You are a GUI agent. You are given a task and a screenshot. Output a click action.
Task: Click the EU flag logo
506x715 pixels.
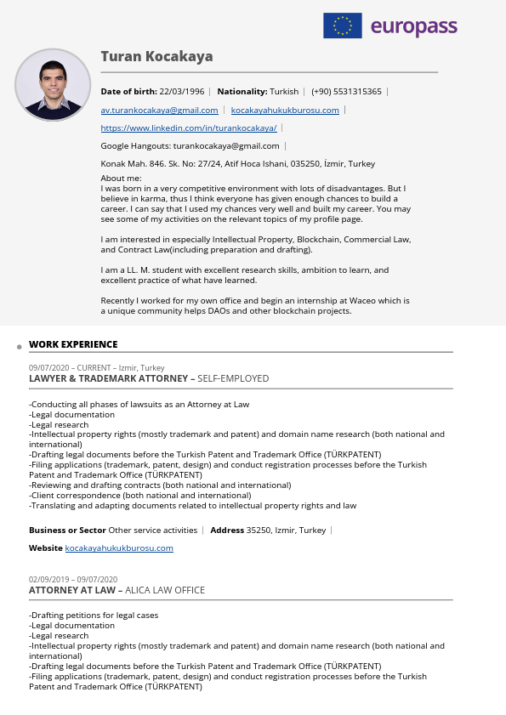tap(342, 26)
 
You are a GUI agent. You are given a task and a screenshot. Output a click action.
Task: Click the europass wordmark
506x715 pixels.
tap(414, 26)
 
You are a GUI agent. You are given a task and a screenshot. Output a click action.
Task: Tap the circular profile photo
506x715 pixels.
tap(53, 86)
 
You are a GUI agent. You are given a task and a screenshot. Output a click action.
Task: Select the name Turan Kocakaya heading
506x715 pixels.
tap(156, 57)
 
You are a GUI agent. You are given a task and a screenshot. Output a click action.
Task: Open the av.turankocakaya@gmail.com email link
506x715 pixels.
tap(159, 111)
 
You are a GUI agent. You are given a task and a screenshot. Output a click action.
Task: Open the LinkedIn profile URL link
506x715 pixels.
tap(188, 128)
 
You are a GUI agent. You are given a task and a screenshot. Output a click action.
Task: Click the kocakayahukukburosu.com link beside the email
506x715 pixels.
tap(285, 111)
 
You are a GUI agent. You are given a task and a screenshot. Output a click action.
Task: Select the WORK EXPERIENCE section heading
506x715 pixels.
tap(73, 344)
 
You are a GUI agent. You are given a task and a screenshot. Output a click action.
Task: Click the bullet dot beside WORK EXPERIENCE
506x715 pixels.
tap(19, 348)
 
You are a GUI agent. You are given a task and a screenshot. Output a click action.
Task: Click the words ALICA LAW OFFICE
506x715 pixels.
tap(166, 590)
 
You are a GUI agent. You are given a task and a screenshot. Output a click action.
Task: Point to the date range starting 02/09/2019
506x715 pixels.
tap(73, 580)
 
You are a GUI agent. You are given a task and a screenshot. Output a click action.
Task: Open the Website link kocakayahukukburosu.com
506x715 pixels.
tap(119, 548)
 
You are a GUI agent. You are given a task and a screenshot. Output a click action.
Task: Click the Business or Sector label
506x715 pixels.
tap(67, 531)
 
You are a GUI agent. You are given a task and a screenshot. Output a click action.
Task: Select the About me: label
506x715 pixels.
tap(121, 178)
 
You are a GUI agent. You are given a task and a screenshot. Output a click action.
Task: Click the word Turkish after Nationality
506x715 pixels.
tap(284, 91)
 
